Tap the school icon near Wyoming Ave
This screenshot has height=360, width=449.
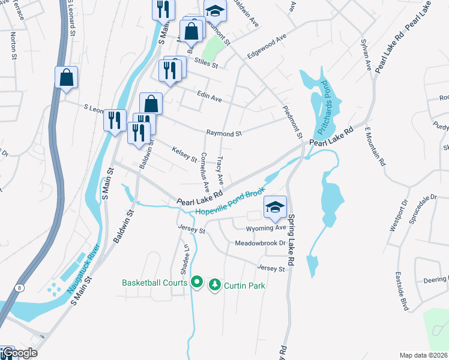pyautogui.click(x=275, y=208)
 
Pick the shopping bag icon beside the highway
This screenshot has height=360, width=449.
pyautogui.click(x=67, y=77)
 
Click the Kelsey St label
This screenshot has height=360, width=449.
pyautogui.click(x=185, y=154)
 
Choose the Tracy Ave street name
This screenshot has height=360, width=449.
pyautogui.click(x=220, y=170)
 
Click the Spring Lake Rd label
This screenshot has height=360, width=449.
pyautogui.click(x=291, y=232)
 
